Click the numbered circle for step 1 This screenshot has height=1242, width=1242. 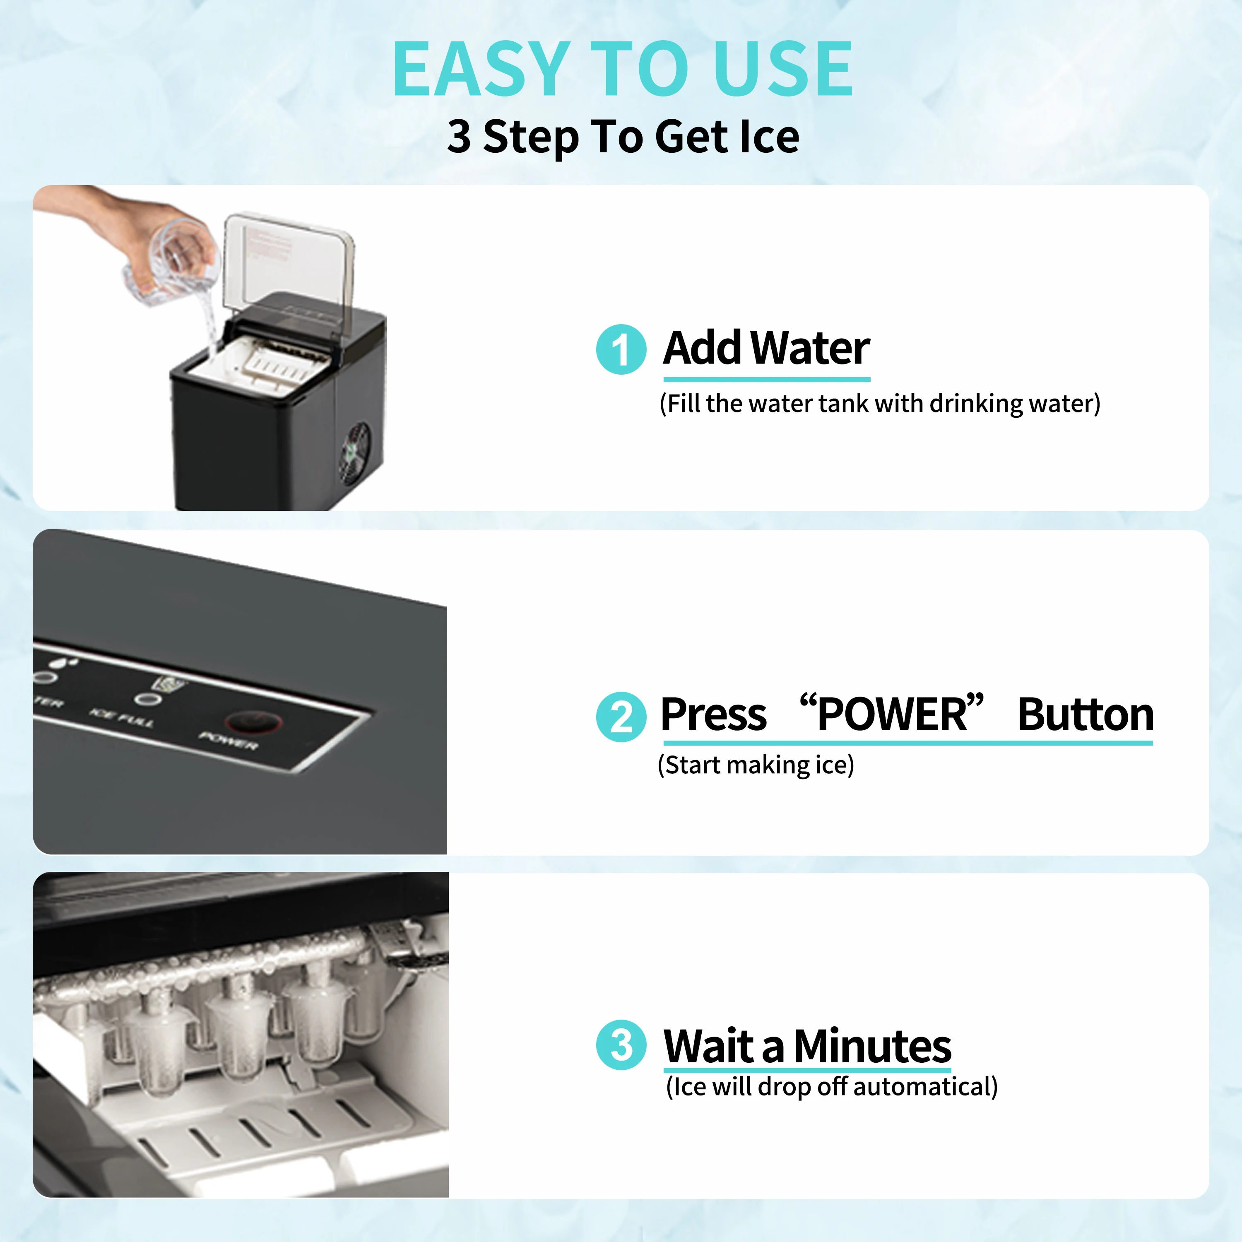621,350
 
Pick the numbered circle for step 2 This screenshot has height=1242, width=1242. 621,716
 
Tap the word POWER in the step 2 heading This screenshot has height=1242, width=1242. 892,714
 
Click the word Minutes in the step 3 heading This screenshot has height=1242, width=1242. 872,1046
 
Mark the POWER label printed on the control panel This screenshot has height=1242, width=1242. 228,741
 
